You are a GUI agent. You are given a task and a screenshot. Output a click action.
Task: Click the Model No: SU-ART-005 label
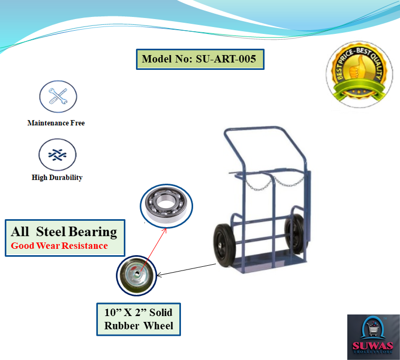[x=199, y=59]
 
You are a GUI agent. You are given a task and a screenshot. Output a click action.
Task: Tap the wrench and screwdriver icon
[x=58, y=97]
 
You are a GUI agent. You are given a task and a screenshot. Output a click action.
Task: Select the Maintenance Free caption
[x=56, y=123]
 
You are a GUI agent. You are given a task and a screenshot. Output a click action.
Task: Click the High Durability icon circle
[x=58, y=154]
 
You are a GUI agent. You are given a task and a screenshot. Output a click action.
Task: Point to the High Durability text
[x=57, y=178]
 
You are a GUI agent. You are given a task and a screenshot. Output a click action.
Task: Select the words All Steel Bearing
[x=64, y=231]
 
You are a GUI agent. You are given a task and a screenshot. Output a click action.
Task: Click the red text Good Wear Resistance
[x=59, y=246]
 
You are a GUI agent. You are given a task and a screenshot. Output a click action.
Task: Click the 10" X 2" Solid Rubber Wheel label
[x=139, y=319]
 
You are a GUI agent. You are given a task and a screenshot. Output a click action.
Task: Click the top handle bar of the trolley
[x=253, y=128]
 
